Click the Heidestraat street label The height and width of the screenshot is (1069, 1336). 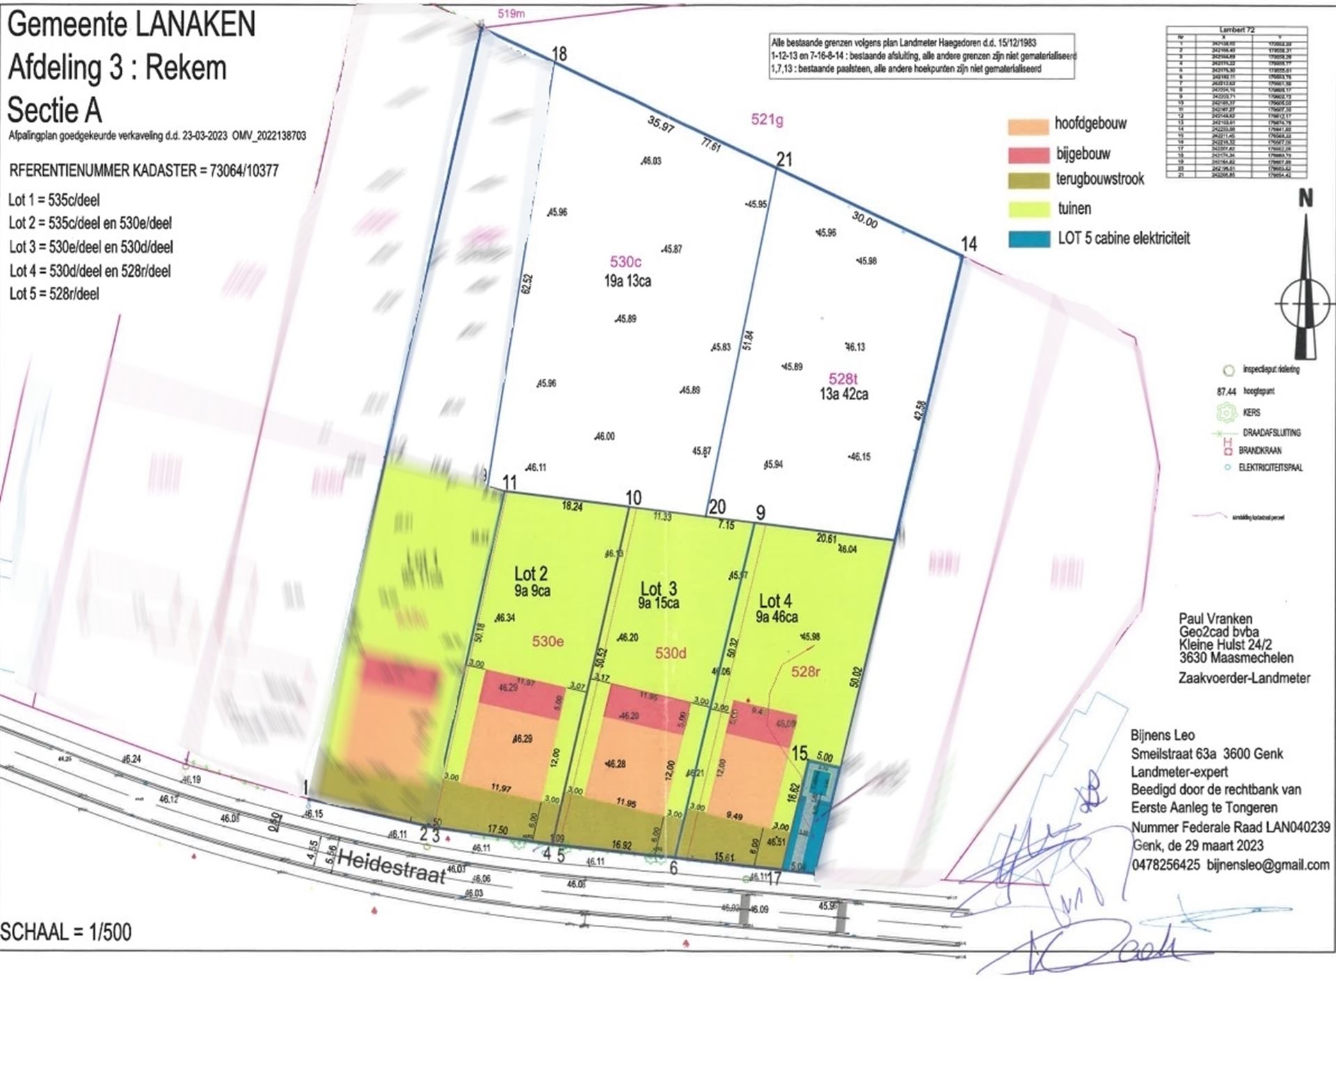point(392,867)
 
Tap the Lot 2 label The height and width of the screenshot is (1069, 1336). point(530,574)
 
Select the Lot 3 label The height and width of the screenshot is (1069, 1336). point(658,588)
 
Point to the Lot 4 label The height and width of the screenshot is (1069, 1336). point(775,601)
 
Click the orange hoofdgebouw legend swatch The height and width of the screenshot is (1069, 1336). point(1028,126)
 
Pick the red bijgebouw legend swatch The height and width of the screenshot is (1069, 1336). point(1028,155)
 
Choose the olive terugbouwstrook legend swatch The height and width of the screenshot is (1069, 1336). point(1028,181)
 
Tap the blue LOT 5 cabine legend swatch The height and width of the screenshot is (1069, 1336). point(1028,239)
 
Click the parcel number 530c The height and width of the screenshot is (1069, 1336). point(625,262)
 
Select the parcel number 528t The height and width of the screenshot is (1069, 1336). point(843,379)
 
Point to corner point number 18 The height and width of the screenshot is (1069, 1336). point(559,54)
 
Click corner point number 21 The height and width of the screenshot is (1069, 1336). point(784,160)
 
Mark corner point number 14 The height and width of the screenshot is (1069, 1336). point(969,244)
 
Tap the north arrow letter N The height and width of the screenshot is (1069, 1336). point(1305,199)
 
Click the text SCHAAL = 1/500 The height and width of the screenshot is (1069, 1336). point(66,932)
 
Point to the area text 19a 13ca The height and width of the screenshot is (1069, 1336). point(627,281)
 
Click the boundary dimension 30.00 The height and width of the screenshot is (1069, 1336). point(864,220)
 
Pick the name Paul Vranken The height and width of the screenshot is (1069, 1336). point(1215,619)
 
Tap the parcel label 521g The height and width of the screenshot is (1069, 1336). point(767,120)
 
